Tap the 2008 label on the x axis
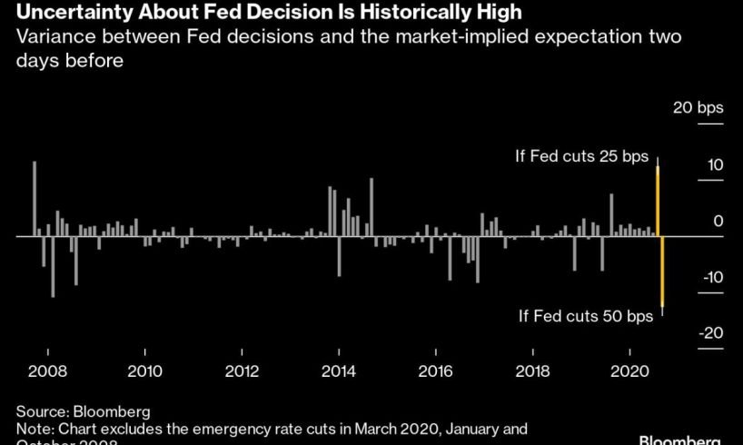(x=47, y=371)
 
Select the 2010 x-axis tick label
(x=144, y=371)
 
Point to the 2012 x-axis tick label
(x=242, y=371)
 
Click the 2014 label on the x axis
(x=339, y=371)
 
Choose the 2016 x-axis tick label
(x=436, y=371)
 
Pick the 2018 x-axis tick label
(x=533, y=371)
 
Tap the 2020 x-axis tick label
(x=630, y=371)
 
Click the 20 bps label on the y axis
(x=698, y=108)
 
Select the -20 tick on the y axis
(x=710, y=332)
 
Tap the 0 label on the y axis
(x=718, y=221)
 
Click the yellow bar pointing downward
(x=663, y=272)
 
